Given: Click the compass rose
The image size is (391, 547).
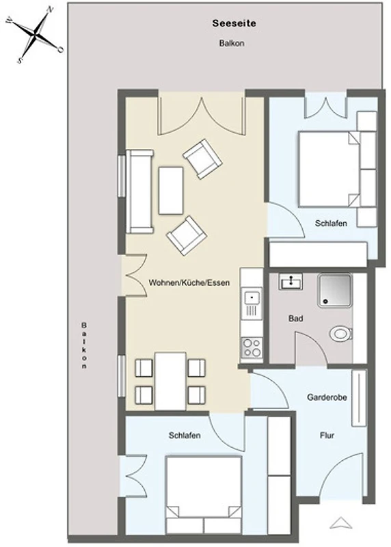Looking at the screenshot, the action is (x=35, y=35).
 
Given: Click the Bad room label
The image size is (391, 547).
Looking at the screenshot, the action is (x=295, y=318).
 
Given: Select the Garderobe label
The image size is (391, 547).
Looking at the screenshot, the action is (x=327, y=397).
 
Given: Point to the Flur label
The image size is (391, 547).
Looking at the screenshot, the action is (x=327, y=435).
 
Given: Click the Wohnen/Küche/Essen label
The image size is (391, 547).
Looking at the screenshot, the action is (x=189, y=282).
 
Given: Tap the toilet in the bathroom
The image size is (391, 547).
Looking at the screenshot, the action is (x=340, y=334).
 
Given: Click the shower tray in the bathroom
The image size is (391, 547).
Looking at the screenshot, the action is (x=335, y=291).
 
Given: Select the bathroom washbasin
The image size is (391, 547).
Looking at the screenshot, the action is (x=291, y=282).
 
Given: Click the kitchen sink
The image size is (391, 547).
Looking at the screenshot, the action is (x=252, y=298).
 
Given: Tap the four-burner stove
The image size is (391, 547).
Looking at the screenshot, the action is (x=252, y=347).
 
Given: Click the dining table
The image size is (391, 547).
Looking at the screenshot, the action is (x=170, y=381).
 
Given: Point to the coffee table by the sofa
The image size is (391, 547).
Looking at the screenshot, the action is (x=171, y=191).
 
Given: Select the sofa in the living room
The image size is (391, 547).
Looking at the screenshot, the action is (x=139, y=191).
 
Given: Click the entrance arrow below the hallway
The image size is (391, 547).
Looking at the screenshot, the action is (x=341, y=523).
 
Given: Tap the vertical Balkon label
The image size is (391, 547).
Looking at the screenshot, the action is (x=84, y=345).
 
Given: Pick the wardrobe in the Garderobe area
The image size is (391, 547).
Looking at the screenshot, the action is (x=359, y=398).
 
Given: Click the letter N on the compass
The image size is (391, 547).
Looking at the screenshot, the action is (x=50, y=10).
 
